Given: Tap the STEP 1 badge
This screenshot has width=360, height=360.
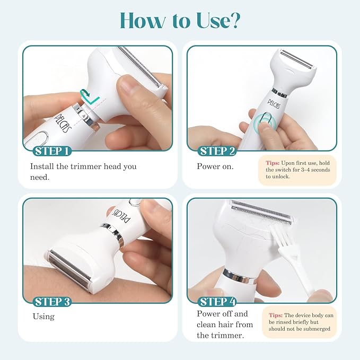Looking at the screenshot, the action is [52, 151].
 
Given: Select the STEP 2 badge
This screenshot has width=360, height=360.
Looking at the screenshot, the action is [217, 151].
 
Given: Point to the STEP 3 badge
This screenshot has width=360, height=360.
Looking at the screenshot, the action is [52, 302].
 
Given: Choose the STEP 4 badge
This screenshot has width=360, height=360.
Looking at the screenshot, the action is [217, 302].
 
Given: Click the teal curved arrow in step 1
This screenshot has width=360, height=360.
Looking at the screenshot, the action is [85, 94].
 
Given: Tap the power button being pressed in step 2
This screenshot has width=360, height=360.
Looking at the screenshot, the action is [266, 120].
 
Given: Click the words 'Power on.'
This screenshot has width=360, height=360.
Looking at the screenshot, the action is [215, 166].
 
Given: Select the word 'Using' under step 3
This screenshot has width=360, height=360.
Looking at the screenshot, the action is [43, 317].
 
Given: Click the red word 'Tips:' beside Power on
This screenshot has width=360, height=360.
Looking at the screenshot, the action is [273, 163].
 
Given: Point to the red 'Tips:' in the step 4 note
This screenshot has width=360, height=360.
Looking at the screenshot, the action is [276, 315].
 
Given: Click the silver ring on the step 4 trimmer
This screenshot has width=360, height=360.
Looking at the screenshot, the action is [239, 277].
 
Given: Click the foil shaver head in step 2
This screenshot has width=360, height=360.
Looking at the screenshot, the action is [296, 59].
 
